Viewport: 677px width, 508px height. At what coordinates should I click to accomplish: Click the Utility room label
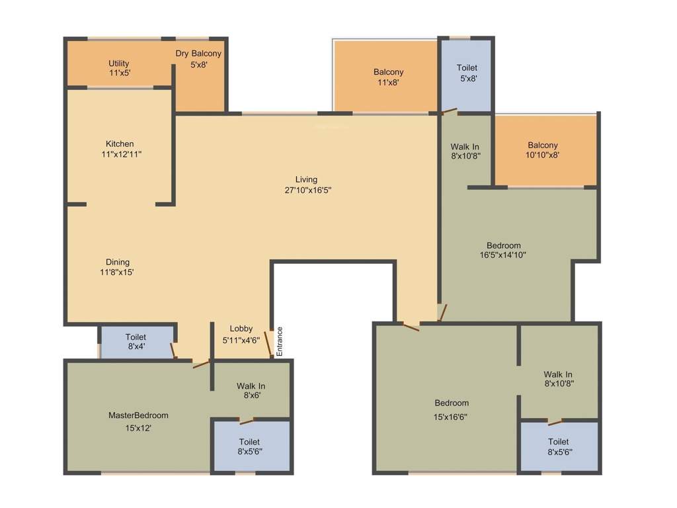pyautogui.click(x=119, y=63)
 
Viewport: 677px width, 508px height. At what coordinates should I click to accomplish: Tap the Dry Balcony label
pyautogui.click(x=198, y=54)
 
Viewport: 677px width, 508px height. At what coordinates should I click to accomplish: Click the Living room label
pyautogui.click(x=306, y=179)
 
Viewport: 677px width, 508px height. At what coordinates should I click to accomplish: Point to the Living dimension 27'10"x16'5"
pyautogui.click(x=306, y=190)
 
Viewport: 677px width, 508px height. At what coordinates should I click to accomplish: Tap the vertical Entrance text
pyautogui.click(x=280, y=341)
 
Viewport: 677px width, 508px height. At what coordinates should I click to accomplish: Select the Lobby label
pyautogui.click(x=241, y=329)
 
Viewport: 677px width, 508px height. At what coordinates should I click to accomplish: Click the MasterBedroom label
pyautogui.click(x=138, y=415)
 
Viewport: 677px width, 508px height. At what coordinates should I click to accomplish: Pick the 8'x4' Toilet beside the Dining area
pyautogui.click(x=136, y=342)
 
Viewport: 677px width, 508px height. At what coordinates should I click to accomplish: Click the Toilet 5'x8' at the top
pyautogui.click(x=467, y=73)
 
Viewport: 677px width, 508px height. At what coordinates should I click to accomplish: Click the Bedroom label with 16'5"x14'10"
pyautogui.click(x=503, y=245)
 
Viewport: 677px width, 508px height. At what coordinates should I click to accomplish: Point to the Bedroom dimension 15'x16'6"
pyautogui.click(x=452, y=417)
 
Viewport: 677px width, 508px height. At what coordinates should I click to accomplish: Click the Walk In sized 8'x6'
pyautogui.click(x=251, y=391)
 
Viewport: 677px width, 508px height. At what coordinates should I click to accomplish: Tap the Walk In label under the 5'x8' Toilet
pyautogui.click(x=465, y=146)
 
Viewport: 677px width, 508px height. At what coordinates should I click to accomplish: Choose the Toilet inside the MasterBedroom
pyautogui.click(x=249, y=446)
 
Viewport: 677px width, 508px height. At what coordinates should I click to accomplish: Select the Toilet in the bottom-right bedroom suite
pyautogui.click(x=558, y=446)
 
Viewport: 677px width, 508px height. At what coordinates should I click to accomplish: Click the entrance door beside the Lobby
pyautogui.click(x=270, y=344)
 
